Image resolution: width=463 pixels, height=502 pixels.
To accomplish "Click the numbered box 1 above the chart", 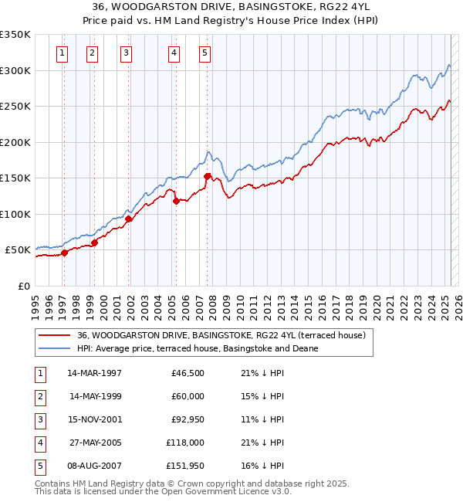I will (x=62, y=53).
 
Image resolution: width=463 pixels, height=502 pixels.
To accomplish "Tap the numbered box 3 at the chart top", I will (x=126, y=53).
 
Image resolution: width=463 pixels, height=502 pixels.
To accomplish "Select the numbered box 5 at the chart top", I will (x=204, y=53).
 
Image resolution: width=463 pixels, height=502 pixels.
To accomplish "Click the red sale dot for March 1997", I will (x=65, y=253).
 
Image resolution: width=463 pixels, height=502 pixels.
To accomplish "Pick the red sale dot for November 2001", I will (x=129, y=219).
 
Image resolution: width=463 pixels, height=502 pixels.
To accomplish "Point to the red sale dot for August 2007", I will (x=208, y=176).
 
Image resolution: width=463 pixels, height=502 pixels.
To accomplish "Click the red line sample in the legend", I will (x=54, y=335).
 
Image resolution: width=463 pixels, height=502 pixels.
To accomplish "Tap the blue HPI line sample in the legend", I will (x=54, y=348).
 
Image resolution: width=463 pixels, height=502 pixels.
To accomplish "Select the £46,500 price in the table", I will (x=188, y=373).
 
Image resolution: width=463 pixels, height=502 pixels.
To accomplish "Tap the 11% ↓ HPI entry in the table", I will (x=262, y=419).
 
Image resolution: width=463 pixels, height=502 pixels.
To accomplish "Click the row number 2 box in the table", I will (x=39, y=396).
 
